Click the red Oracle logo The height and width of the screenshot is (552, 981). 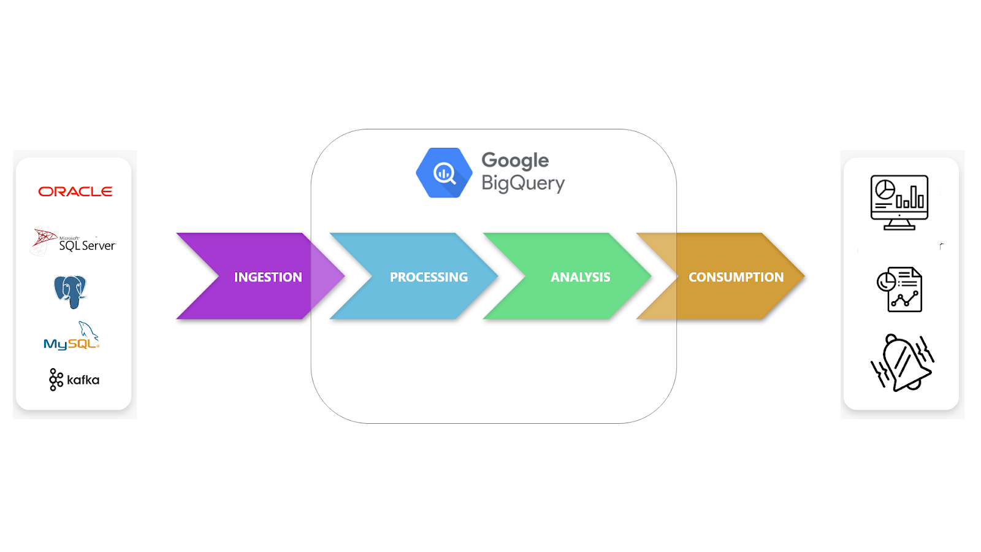[75, 191]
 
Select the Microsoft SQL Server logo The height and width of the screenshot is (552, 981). [74, 240]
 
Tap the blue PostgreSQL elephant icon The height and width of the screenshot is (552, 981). [70, 292]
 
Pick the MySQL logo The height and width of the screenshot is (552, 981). [72, 335]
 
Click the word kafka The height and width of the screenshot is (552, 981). [83, 380]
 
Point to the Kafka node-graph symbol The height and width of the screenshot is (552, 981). [56, 380]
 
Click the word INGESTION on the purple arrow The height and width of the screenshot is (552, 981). [268, 277]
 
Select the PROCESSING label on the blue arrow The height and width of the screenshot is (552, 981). [429, 277]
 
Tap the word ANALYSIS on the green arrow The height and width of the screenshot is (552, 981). [580, 277]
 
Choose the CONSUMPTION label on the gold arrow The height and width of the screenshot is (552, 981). [736, 277]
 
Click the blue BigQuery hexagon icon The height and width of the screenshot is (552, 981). [444, 172]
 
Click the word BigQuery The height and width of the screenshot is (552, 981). [524, 183]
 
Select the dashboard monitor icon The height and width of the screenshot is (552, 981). [899, 202]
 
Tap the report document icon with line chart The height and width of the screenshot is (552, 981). [899, 289]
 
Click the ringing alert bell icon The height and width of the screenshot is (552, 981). [902, 362]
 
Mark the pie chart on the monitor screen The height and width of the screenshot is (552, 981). [885, 190]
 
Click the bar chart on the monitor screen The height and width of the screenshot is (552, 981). [910, 197]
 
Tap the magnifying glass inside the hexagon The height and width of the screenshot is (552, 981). [445, 174]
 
